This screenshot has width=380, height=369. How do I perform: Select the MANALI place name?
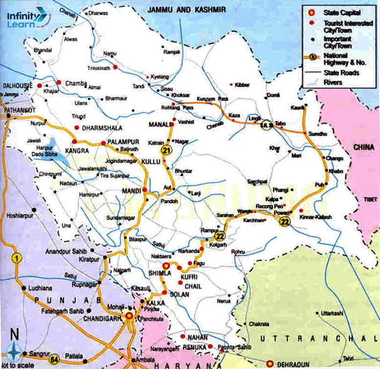click(159, 123)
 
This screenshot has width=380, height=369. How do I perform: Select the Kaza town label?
click(235, 115)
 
